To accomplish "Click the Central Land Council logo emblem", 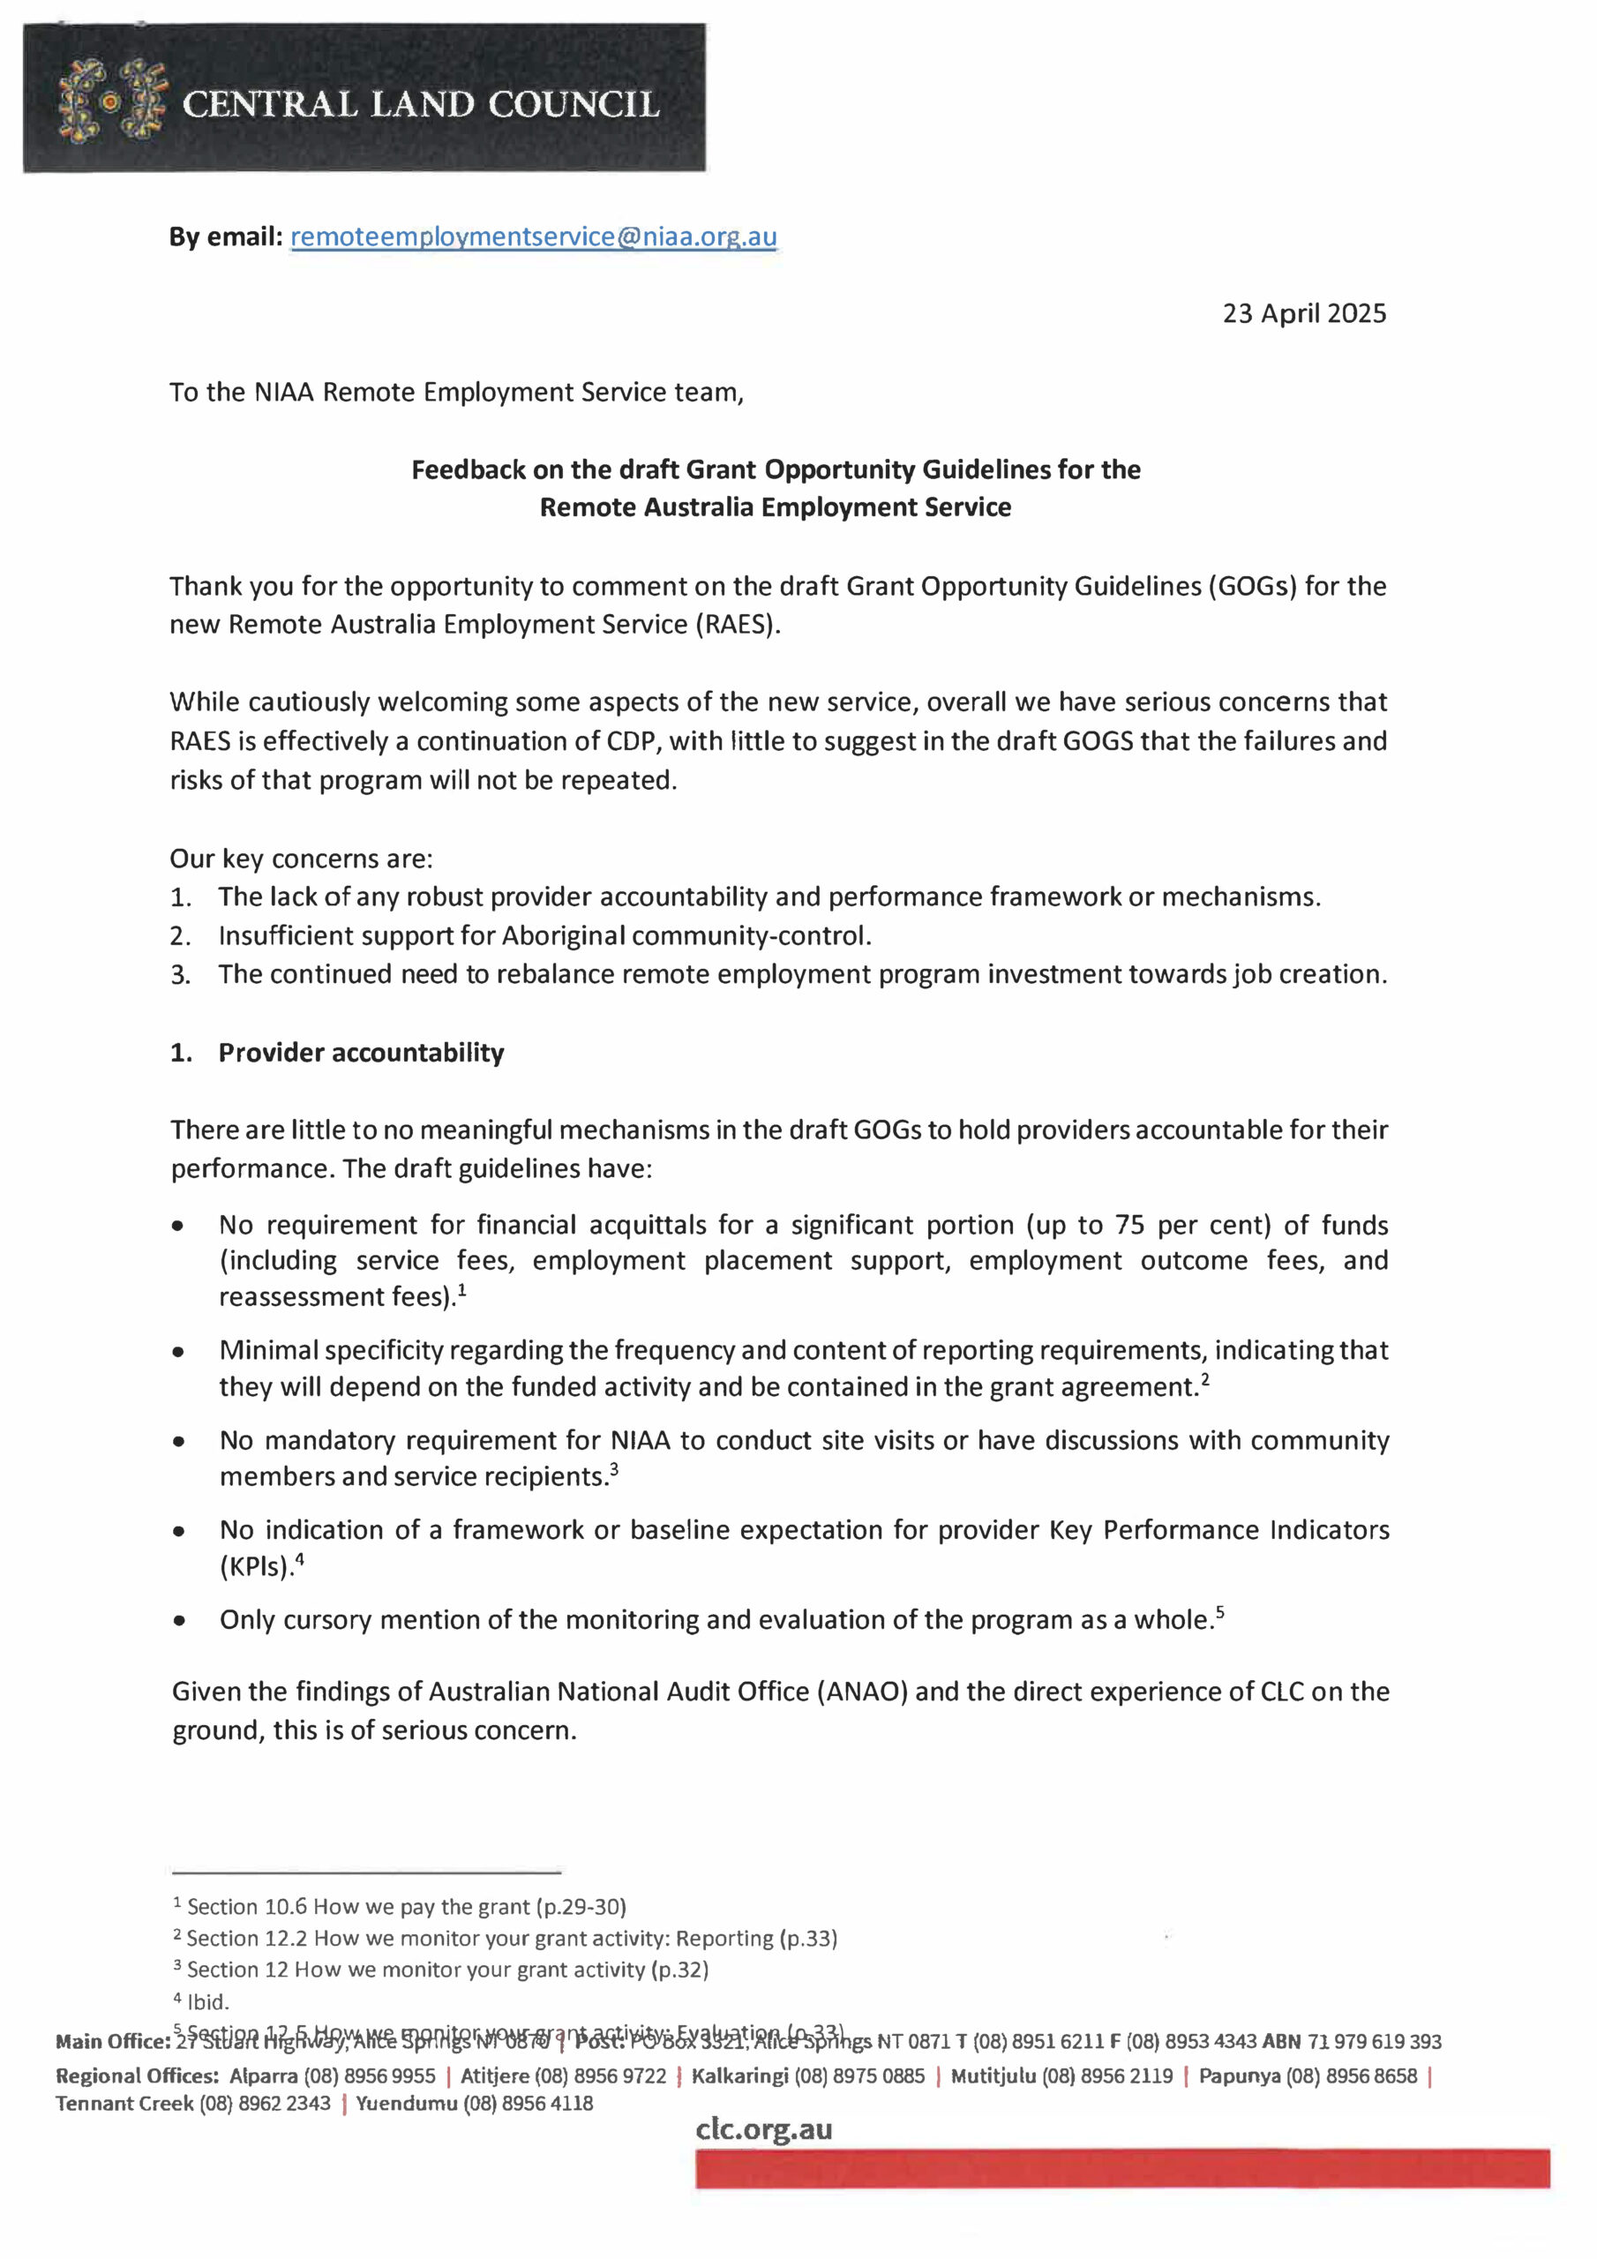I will [112, 101].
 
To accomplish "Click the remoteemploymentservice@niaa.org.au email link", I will [533, 236].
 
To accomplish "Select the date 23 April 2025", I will [1304, 314].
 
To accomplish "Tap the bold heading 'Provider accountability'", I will [360, 1053].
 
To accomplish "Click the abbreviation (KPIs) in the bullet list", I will [254, 1566].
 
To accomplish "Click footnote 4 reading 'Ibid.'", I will [206, 2001].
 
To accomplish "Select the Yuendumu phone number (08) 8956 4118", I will [528, 2104].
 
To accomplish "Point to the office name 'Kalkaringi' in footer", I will [739, 2076].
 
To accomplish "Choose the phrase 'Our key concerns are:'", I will [301, 859].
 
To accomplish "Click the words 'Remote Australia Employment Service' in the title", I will [775, 507].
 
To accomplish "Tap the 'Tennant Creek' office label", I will [124, 2104].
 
